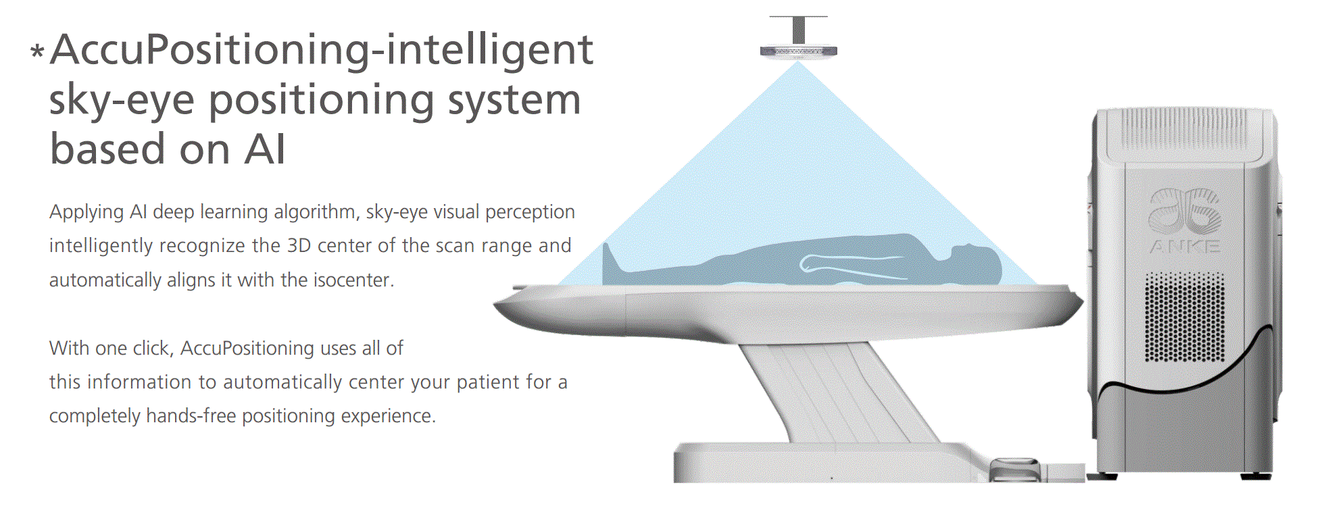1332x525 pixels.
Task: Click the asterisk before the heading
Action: pyautogui.click(x=38, y=51)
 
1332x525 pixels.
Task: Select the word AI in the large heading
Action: pyautogui.click(x=265, y=149)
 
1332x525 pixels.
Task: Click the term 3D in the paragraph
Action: pyautogui.click(x=299, y=245)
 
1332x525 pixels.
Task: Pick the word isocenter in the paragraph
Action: pyautogui.click(x=354, y=280)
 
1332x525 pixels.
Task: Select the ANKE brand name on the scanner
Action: pyautogui.click(x=1185, y=247)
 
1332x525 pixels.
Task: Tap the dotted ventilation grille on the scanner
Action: pyautogui.click(x=1185, y=316)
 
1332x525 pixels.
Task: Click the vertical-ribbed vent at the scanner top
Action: pyautogui.click(x=1184, y=130)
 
